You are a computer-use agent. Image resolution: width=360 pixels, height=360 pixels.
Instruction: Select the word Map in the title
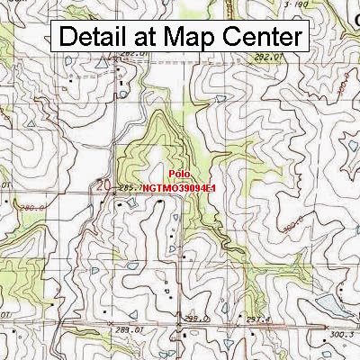(x=190, y=37)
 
